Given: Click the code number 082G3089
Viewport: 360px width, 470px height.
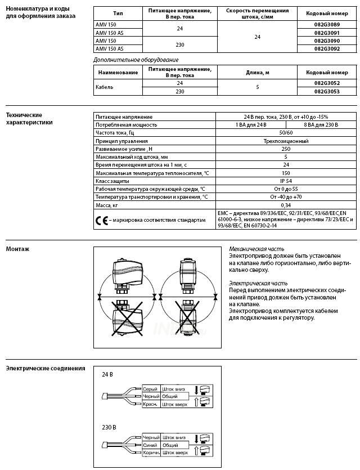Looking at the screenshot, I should pyautogui.click(x=327, y=25).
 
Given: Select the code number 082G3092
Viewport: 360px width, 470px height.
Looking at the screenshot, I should pyautogui.click(x=327, y=50).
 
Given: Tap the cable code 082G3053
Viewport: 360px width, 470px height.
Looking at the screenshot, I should pyautogui.click(x=327, y=91).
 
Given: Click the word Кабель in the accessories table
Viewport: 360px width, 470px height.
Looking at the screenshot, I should pyautogui.click(x=105, y=87).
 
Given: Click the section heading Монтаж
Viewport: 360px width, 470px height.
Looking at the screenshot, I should pyautogui.click(x=17, y=249).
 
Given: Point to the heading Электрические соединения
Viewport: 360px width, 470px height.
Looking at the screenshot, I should pyautogui.click(x=46, y=369).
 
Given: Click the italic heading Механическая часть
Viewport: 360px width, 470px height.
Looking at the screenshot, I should pyautogui.click(x=256, y=248).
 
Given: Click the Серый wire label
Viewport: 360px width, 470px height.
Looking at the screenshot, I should pyautogui.click(x=150, y=389).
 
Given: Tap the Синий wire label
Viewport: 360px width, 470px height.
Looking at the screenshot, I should pyautogui.click(x=150, y=445).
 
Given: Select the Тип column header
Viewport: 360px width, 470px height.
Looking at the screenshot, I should pyautogui.click(x=118, y=13).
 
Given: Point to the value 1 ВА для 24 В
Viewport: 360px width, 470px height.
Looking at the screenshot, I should pyautogui.click(x=251, y=124).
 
